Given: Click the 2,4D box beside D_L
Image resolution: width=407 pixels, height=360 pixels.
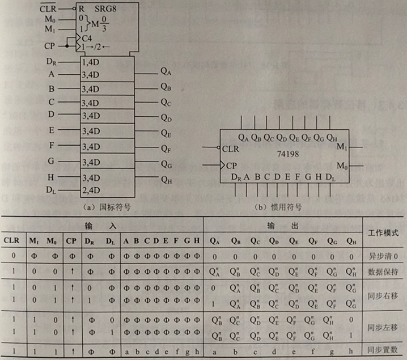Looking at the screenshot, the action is (x=91, y=190).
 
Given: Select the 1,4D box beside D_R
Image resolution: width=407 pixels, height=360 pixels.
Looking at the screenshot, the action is (x=91, y=62).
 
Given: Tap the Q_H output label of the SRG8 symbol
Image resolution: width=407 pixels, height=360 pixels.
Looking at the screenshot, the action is (x=166, y=180).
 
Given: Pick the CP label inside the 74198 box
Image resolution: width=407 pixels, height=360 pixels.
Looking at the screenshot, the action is (x=232, y=166).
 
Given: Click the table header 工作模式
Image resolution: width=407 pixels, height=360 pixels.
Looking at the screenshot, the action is (x=384, y=232).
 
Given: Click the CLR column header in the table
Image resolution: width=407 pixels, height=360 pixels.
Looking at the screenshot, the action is (x=12, y=240).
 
